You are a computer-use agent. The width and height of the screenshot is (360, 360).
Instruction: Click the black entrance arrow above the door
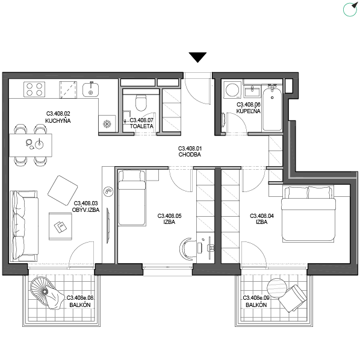(197, 57)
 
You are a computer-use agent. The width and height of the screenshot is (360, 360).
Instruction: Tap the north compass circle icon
(350, 10)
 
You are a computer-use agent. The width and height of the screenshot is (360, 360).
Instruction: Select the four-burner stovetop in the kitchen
(34, 89)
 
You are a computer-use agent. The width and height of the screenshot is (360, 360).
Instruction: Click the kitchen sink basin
(90, 90)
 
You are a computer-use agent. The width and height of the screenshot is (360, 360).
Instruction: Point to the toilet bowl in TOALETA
(141, 102)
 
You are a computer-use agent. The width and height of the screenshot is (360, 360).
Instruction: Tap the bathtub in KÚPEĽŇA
(272, 107)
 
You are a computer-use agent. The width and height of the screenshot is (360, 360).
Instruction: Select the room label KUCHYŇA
(58, 121)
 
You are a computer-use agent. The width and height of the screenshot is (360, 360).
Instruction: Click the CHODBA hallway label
(190, 155)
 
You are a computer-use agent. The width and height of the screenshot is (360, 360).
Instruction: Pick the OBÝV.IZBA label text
(85, 210)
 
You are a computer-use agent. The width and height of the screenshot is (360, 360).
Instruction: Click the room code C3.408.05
(169, 216)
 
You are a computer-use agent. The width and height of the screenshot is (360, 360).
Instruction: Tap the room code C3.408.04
(262, 216)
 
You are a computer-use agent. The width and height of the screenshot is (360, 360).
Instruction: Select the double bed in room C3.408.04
(308, 214)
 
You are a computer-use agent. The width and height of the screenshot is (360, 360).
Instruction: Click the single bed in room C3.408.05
(132, 197)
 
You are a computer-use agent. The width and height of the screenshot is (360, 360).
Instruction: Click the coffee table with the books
(60, 226)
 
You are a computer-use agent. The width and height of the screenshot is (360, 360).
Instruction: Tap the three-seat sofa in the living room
(23, 226)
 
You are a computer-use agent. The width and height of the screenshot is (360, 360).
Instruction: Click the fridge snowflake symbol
(107, 124)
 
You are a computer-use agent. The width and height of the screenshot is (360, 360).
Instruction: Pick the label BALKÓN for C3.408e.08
(80, 305)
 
